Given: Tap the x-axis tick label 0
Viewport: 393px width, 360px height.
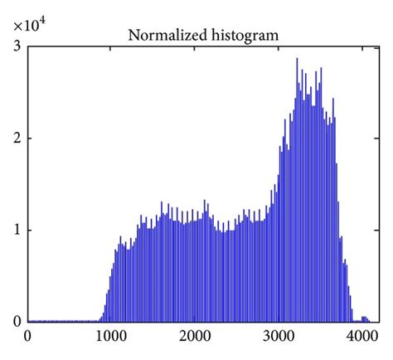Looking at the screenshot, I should [x=28, y=337].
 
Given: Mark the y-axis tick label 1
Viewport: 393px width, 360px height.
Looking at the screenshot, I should [x=17, y=230].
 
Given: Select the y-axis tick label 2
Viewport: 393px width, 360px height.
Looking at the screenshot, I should [x=17, y=138].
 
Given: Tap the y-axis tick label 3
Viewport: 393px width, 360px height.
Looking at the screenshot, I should [x=17, y=46].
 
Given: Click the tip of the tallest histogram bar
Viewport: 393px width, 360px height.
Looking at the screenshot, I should [x=297, y=59].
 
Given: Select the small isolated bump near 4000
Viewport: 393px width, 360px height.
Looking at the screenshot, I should [x=364, y=318].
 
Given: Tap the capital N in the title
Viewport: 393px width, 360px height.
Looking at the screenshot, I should [x=132, y=35].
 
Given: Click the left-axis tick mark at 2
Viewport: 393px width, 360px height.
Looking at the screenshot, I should [x=30, y=138].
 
